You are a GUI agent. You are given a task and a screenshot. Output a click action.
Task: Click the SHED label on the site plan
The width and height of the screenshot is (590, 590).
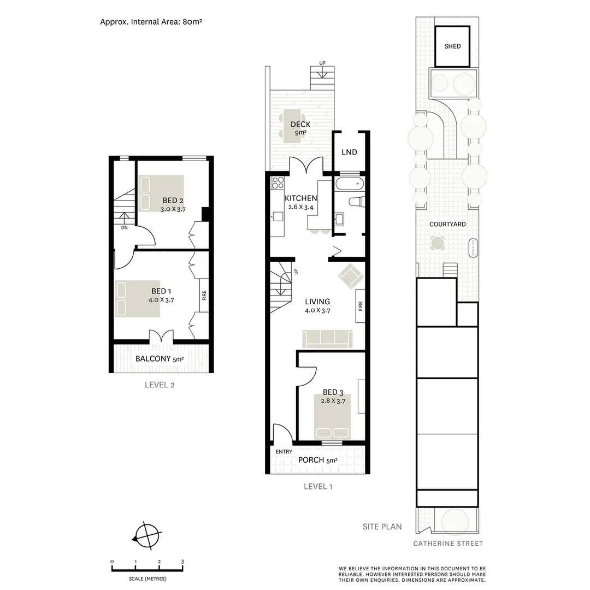point(452,46)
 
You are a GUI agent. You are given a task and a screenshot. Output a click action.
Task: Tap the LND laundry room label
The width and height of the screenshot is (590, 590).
point(349,152)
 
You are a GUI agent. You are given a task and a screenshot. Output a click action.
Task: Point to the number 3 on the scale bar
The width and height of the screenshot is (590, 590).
point(182,562)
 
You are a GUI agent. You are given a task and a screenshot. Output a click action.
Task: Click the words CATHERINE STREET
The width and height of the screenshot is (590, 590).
point(448,544)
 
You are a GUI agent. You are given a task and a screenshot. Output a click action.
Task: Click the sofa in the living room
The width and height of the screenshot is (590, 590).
point(327,339)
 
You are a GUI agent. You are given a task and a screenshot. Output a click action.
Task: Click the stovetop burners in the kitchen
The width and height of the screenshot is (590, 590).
point(277,184)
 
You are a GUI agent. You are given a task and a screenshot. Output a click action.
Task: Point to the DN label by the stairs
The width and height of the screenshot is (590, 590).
point(125,228)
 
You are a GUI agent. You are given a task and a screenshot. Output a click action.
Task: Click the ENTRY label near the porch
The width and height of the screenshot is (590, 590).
point(284,452)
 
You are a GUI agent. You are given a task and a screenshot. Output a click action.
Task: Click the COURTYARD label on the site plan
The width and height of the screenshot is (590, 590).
point(447,224)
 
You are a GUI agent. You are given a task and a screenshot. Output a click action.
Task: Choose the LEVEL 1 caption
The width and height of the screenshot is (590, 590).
point(318,486)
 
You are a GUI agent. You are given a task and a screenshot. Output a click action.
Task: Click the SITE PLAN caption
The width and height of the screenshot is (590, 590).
point(382,527)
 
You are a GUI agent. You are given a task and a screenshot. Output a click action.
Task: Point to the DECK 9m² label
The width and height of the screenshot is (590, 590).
point(300,128)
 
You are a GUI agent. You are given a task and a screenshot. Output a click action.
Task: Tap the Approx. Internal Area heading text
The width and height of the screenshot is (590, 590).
point(152,22)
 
